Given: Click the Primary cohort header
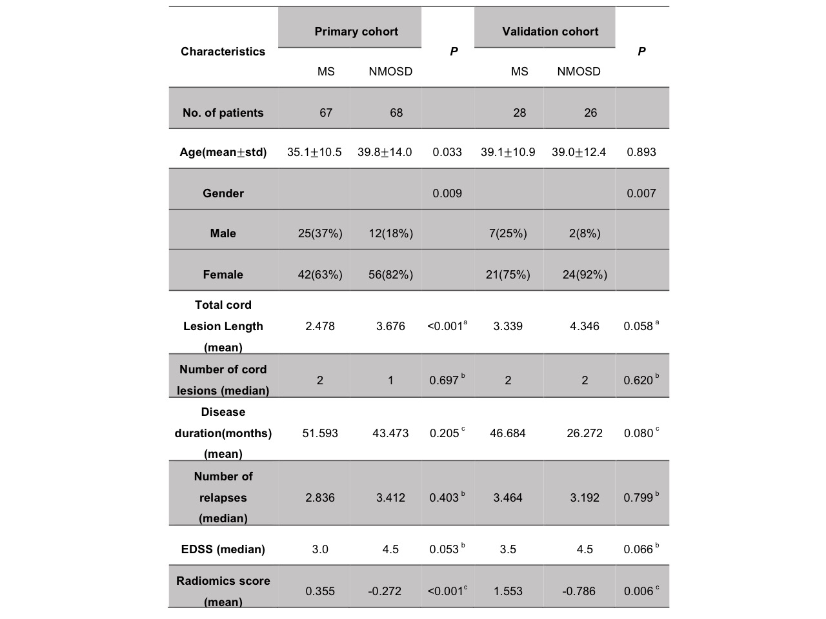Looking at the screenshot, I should (x=356, y=32).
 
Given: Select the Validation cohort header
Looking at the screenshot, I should (x=550, y=32).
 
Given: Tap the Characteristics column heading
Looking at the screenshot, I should (x=223, y=52).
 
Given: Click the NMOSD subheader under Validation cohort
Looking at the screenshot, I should (x=579, y=72).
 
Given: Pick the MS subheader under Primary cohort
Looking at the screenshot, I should (x=326, y=72).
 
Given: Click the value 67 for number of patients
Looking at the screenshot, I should (x=326, y=113).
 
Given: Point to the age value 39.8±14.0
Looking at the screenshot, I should (x=385, y=152).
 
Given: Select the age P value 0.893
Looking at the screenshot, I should (x=641, y=152).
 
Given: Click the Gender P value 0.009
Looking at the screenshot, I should (x=447, y=193).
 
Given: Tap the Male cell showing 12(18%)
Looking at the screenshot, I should (x=391, y=233).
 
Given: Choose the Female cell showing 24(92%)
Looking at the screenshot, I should (x=585, y=275).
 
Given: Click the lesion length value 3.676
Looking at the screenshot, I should (x=390, y=326).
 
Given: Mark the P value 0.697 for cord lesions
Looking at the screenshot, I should (x=444, y=380).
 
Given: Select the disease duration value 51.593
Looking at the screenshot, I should (x=320, y=433).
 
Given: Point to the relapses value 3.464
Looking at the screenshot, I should (x=508, y=498).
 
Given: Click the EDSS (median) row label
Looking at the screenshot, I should (x=223, y=549).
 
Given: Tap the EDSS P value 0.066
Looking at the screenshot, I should (x=638, y=549).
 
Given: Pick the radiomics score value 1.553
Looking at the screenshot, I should (x=508, y=591).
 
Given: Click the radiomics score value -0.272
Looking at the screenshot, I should (x=385, y=591).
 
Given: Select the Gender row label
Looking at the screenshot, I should (x=223, y=193).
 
